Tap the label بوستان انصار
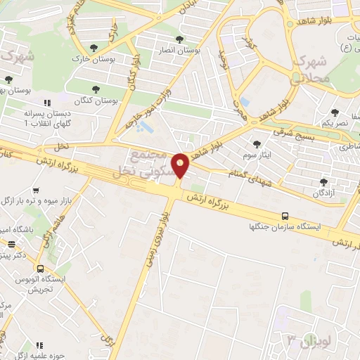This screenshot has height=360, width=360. [x=197, y=51]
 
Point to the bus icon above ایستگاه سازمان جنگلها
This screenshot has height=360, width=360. [x=285, y=216]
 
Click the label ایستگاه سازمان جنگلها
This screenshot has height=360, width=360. [x=285, y=227]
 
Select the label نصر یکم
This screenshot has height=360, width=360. [x=335, y=122]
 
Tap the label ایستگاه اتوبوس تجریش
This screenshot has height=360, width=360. [x=44, y=284]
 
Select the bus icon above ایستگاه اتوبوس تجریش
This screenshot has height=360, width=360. [x=41, y=269]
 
